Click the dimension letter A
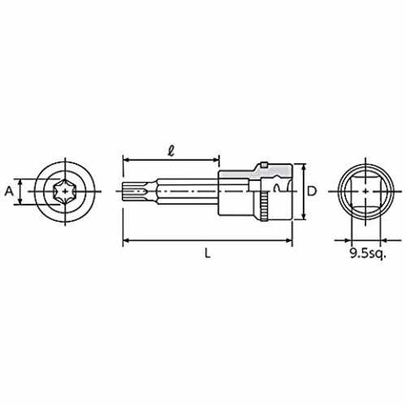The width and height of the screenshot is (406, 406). pyautogui.click(x=9, y=192)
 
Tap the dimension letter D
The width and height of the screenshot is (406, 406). pyautogui.click(x=312, y=192)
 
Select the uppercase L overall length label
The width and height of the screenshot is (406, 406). pyautogui.click(x=207, y=253)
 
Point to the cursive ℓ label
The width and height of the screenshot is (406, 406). pyautogui.click(x=171, y=150)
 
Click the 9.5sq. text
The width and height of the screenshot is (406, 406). pyautogui.click(x=367, y=253)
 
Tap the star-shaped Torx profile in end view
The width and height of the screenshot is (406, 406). pyautogui.click(x=65, y=192)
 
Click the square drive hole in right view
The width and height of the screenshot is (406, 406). pyautogui.click(x=365, y=192)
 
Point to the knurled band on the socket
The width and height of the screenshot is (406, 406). pyautogui.click(x=264, y=206)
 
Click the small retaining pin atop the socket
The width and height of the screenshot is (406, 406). pyautogui.click(x=264, y=165)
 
